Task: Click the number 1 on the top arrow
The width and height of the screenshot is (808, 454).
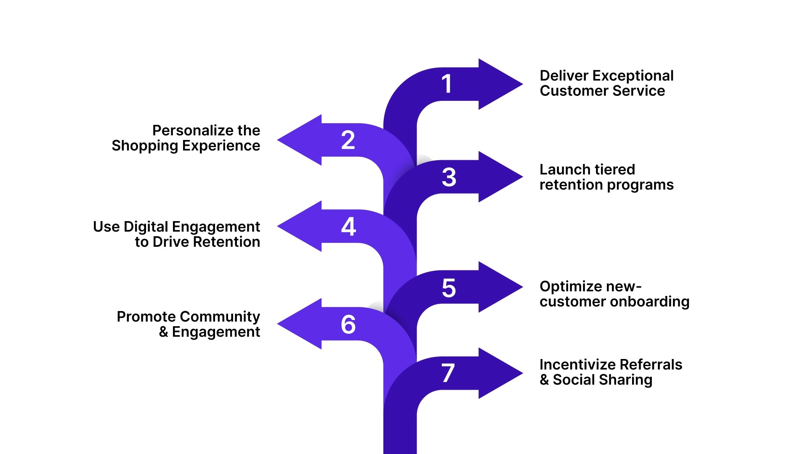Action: tap(447, 84)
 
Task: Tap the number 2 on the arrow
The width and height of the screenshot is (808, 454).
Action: tap(348, 140)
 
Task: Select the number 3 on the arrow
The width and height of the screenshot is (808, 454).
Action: tap(449, 177)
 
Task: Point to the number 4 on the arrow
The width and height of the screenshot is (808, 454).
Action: tap(348, 227)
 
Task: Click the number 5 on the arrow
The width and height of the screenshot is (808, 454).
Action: tap(449, 288)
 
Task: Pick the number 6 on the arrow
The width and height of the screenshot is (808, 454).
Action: tap(348, 325)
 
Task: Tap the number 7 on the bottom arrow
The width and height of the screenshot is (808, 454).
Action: tap(448, 373)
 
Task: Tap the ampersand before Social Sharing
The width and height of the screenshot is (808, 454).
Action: tap(544, 380)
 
